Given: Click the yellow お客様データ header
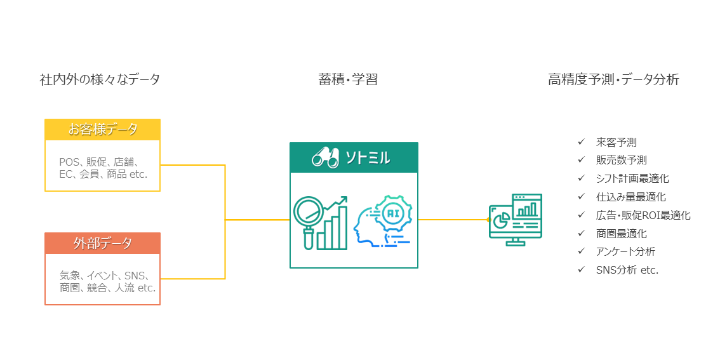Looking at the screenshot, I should click(x=102, y=130).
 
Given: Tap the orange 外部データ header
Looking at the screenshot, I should click(x=102, y=243).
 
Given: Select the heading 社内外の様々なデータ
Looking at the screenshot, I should click(x=100, y=80).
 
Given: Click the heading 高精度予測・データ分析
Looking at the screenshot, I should click(x=613, y=80).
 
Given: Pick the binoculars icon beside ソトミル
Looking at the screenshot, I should click(x=324, y=157).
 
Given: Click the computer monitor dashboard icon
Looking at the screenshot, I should click(x=516, y=220).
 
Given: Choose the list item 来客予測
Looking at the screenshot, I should click(x=616, y=142).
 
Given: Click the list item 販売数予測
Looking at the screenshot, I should click(x=621, y=161).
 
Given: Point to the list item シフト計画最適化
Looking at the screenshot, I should click(x=632, y=178).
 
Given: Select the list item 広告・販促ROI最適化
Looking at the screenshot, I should click(x=643, y=215).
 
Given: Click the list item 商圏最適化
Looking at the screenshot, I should click(x=621, y=234).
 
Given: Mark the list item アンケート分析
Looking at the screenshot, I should click(x=625, y=251).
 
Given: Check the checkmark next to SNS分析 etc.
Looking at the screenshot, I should click(x=581, y=270).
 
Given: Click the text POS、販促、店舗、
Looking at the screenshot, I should click(x=103, y=162).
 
